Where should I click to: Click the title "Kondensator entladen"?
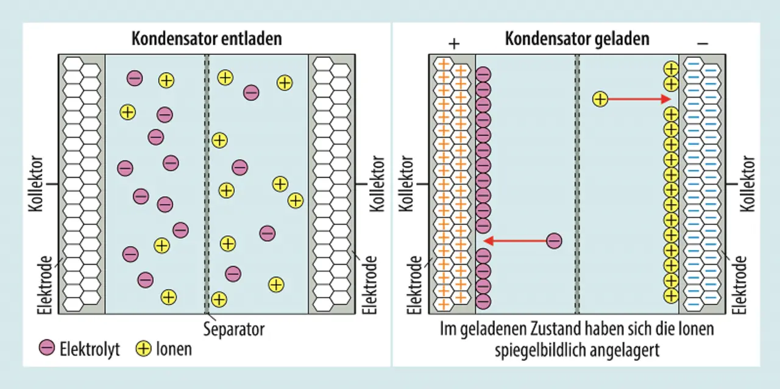click(207, 39)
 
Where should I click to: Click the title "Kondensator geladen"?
click(577, 39)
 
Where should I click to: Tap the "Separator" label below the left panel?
click(234, 329)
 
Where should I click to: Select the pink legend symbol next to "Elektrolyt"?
click(47, 349)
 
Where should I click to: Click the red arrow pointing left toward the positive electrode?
click(518, 241)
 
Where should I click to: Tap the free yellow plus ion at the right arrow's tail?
click(600, 99)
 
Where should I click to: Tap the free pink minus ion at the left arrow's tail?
click(554, 241)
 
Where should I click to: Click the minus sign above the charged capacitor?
click(702, 43)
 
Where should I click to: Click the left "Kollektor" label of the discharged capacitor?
click(36, 184)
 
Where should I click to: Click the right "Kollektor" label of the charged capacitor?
click(748, 184)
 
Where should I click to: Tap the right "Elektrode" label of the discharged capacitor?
click(370, 285)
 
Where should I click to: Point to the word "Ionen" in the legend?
click(173, 349)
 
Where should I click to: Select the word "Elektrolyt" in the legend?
click(90, 349)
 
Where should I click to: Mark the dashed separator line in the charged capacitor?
click(576, 183)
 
